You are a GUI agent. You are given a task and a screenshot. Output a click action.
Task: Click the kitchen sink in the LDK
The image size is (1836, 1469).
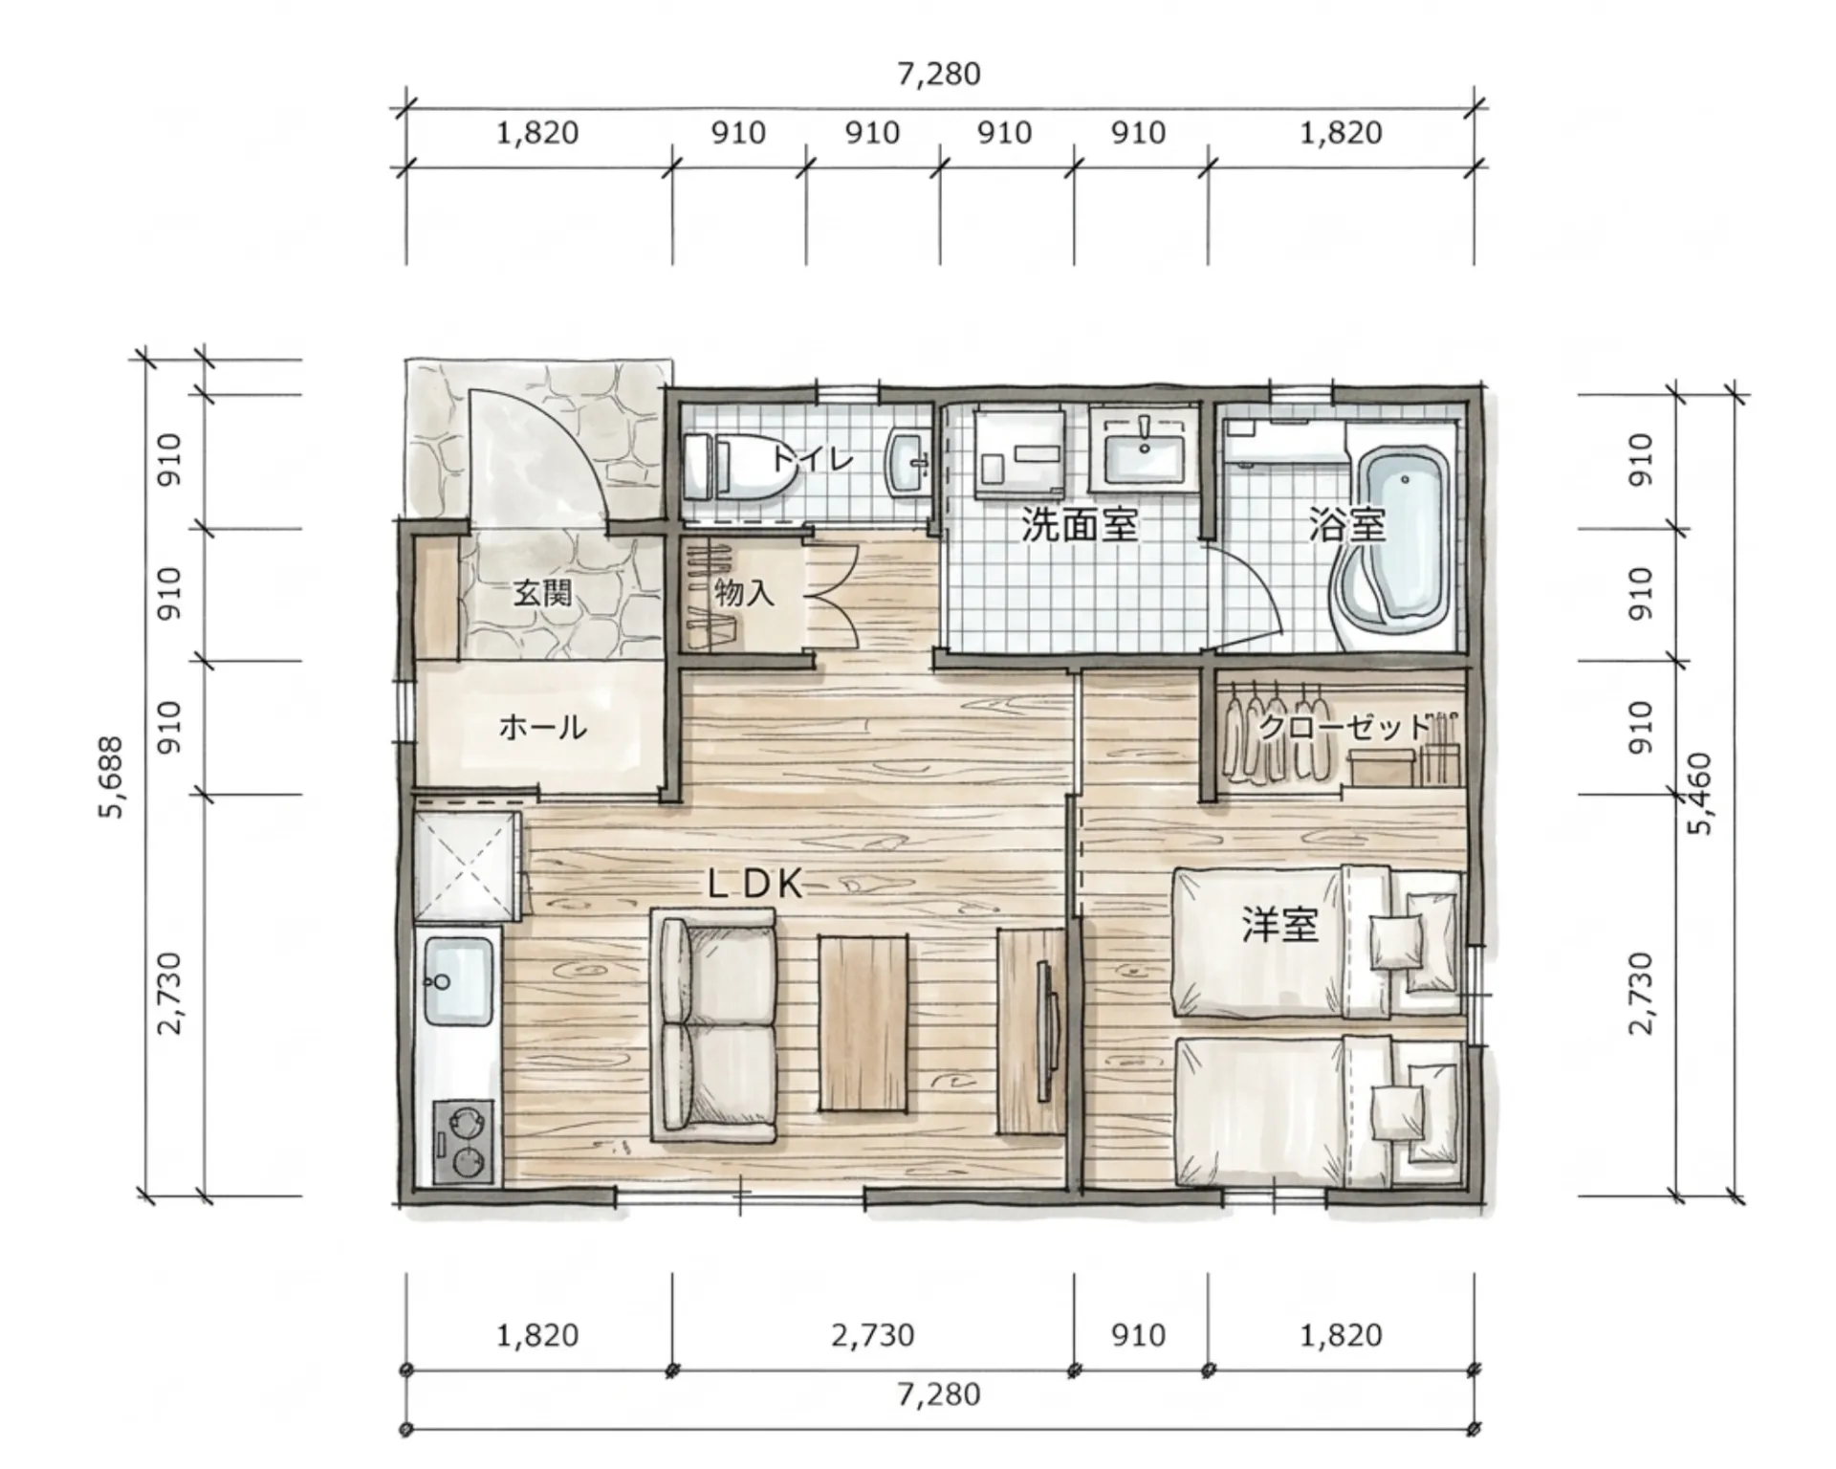pyautogui.click(x=458, y=980)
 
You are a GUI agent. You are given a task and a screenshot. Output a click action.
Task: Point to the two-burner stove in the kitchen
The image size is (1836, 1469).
pyautogui.click(x=464, y=1141)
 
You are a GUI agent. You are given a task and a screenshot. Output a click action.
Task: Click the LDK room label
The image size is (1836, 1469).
pyautogui.click(x=754, y=885)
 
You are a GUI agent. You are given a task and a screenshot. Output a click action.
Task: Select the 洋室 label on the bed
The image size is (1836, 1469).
pyautogui.click(x=1279, y=925)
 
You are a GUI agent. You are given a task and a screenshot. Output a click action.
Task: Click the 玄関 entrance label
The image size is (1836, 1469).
pyautogui.click(x=542, y=593)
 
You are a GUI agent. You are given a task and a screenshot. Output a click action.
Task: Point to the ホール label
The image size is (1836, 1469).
pyautogui.click(x=541, y=728)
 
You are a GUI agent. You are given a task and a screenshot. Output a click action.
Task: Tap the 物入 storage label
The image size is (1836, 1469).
pyautogui.click(x=744, y=593)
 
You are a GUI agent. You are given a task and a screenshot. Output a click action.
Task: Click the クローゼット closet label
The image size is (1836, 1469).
pyautogui.click(x=1344, y=729)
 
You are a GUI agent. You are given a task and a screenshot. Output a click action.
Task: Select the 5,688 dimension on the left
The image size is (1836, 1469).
pyautogui.click(x=113, y=778)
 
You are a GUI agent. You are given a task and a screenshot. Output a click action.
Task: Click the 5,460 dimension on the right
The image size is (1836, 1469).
pyautogui.click(x=1699, y=794)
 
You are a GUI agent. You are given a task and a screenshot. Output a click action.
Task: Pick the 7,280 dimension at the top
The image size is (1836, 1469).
pyautogui.click(x=939, y=74)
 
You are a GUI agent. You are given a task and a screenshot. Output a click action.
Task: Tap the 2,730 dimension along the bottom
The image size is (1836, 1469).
pyautogui.click(x=872, y=1335)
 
